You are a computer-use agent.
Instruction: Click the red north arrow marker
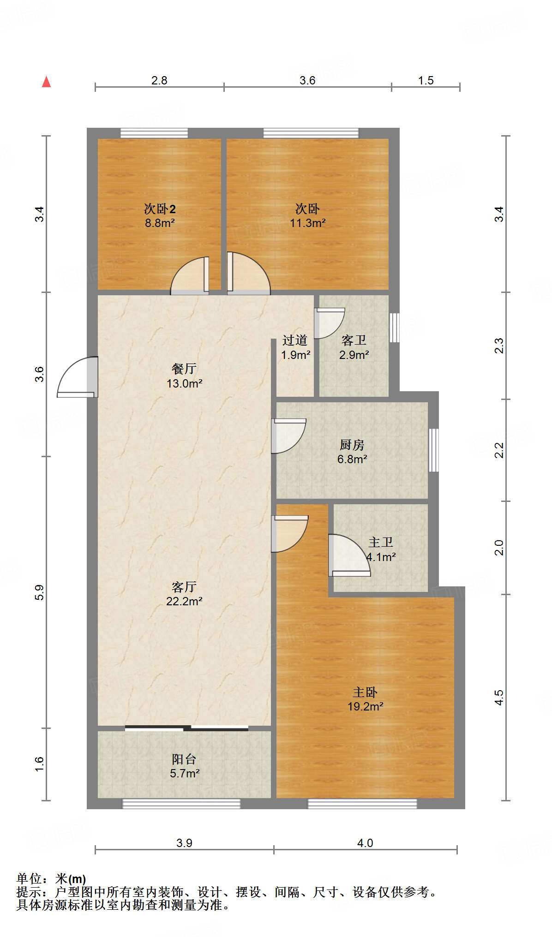click(x=46, y=82)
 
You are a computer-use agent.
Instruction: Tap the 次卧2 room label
click(x=160, y=209)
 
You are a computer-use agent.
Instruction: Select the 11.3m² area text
click(x=308, y=223)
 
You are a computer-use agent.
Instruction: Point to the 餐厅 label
click(x=184, y=369)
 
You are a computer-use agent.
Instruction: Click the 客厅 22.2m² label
click(x=184, y=594)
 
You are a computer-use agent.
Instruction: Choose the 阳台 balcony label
click(x=184, y=759)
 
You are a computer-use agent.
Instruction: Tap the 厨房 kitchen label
click(x=352, y=445)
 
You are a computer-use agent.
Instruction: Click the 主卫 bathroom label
click(x=381, y=542)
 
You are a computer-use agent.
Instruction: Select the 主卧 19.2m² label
click(x=366, y=699)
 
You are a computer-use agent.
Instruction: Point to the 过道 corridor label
click(x=295, y=340)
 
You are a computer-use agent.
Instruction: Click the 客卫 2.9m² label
click(x=354, y=347)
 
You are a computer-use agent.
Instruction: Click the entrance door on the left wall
click(x=78, y=377)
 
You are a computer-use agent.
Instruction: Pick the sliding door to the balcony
click(x=186, y=728)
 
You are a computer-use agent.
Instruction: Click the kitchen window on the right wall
click(x=433, y=450)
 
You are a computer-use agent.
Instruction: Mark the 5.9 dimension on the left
click(x=40, y=592)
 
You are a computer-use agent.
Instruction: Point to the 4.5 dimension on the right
click(x=499, y=697)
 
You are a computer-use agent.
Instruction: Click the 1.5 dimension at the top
click(x=426, y=80)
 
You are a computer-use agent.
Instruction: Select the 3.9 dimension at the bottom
click(x=184, y=843)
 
